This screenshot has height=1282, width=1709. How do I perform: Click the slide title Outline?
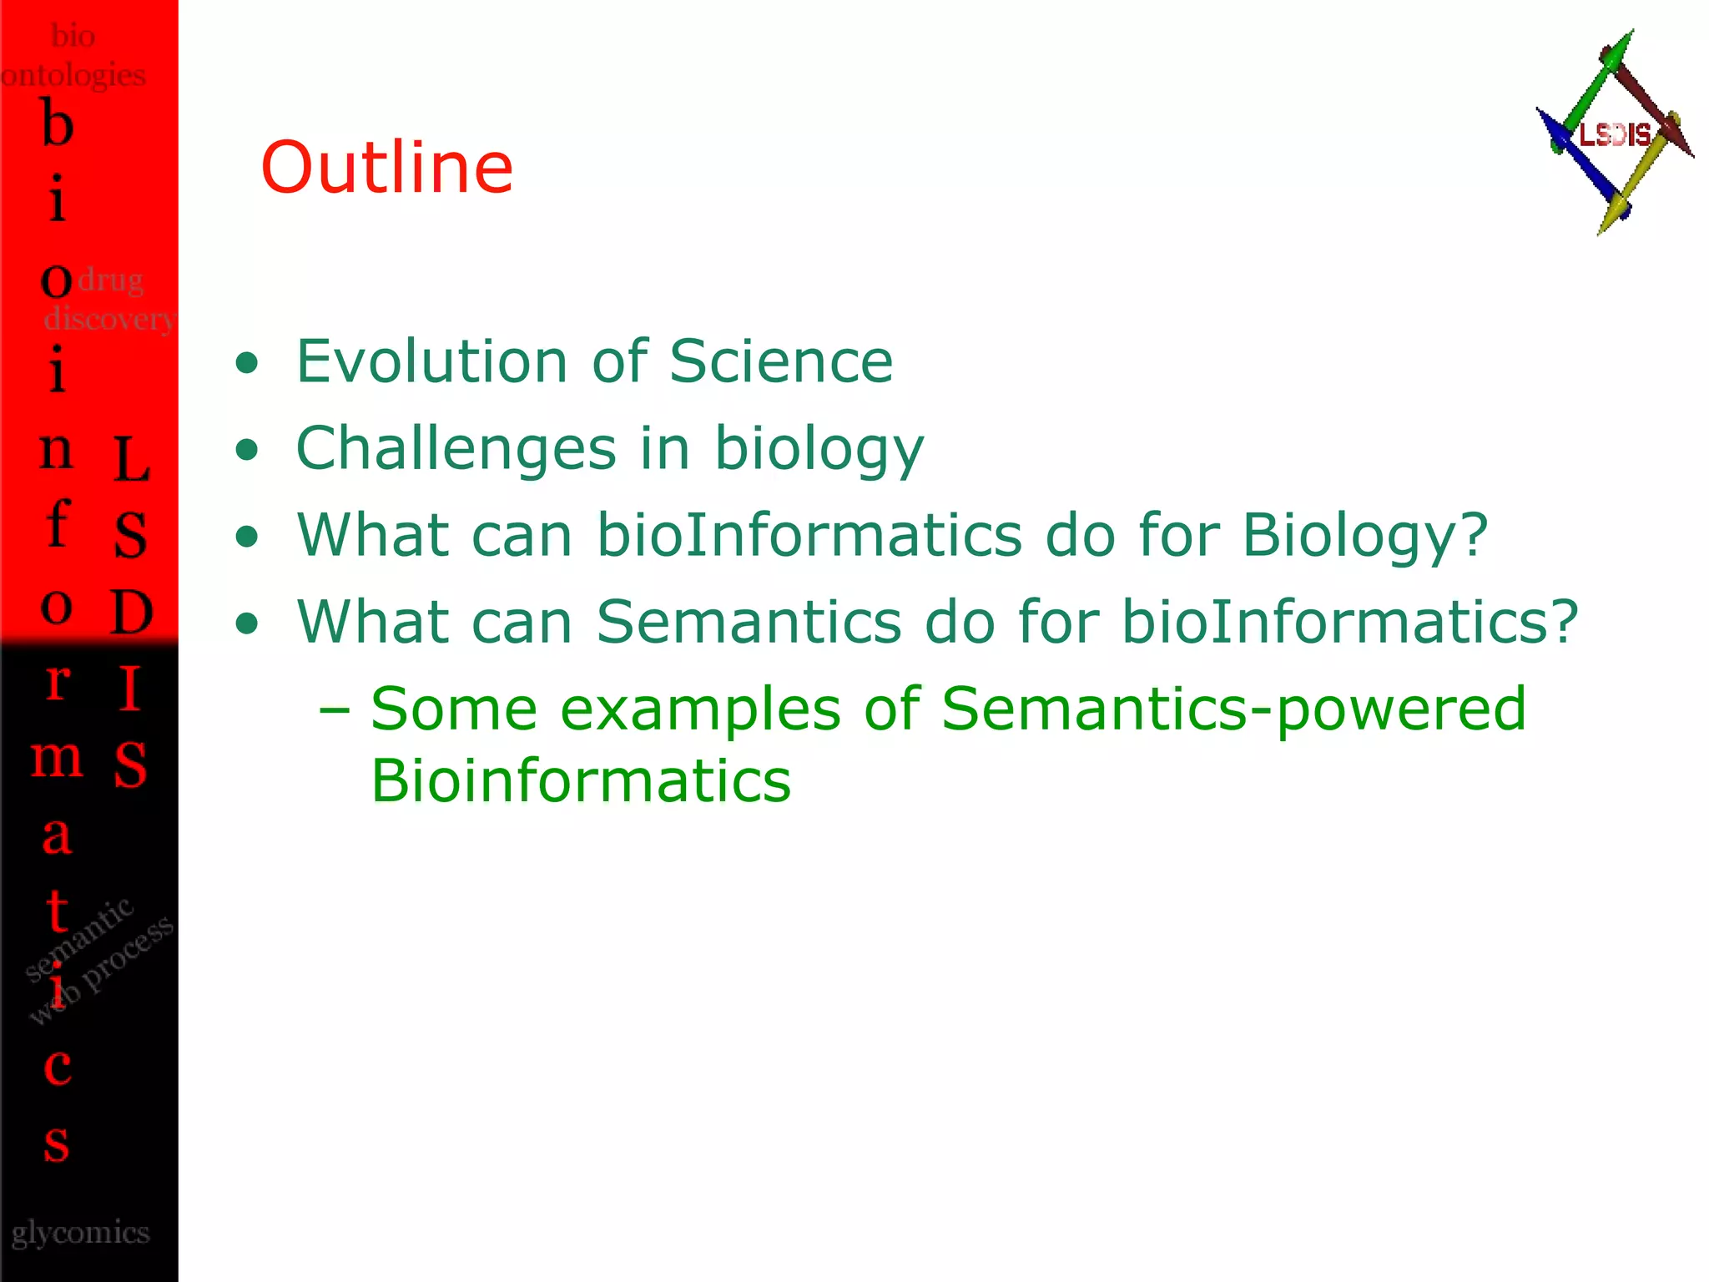point(386,168)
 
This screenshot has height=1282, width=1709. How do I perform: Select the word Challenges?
point(456,449)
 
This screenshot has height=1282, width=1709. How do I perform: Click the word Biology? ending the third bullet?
point(1364,536)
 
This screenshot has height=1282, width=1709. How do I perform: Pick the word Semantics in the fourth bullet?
point(749,622)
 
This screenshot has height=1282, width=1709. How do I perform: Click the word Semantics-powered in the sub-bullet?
point(1233,709)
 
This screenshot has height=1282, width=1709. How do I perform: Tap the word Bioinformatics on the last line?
point(581,781)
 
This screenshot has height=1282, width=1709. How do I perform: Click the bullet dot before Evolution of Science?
point(246,363)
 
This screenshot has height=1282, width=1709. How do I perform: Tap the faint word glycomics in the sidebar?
point(80,1233)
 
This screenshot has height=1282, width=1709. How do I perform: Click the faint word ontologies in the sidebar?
point(73,75)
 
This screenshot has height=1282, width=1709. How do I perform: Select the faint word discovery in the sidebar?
point(108,318)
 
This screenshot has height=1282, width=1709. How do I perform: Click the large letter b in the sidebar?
point(57,123)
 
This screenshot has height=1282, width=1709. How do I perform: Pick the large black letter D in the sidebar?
point(131,612)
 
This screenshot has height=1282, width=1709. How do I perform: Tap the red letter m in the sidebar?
point(57,759)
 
